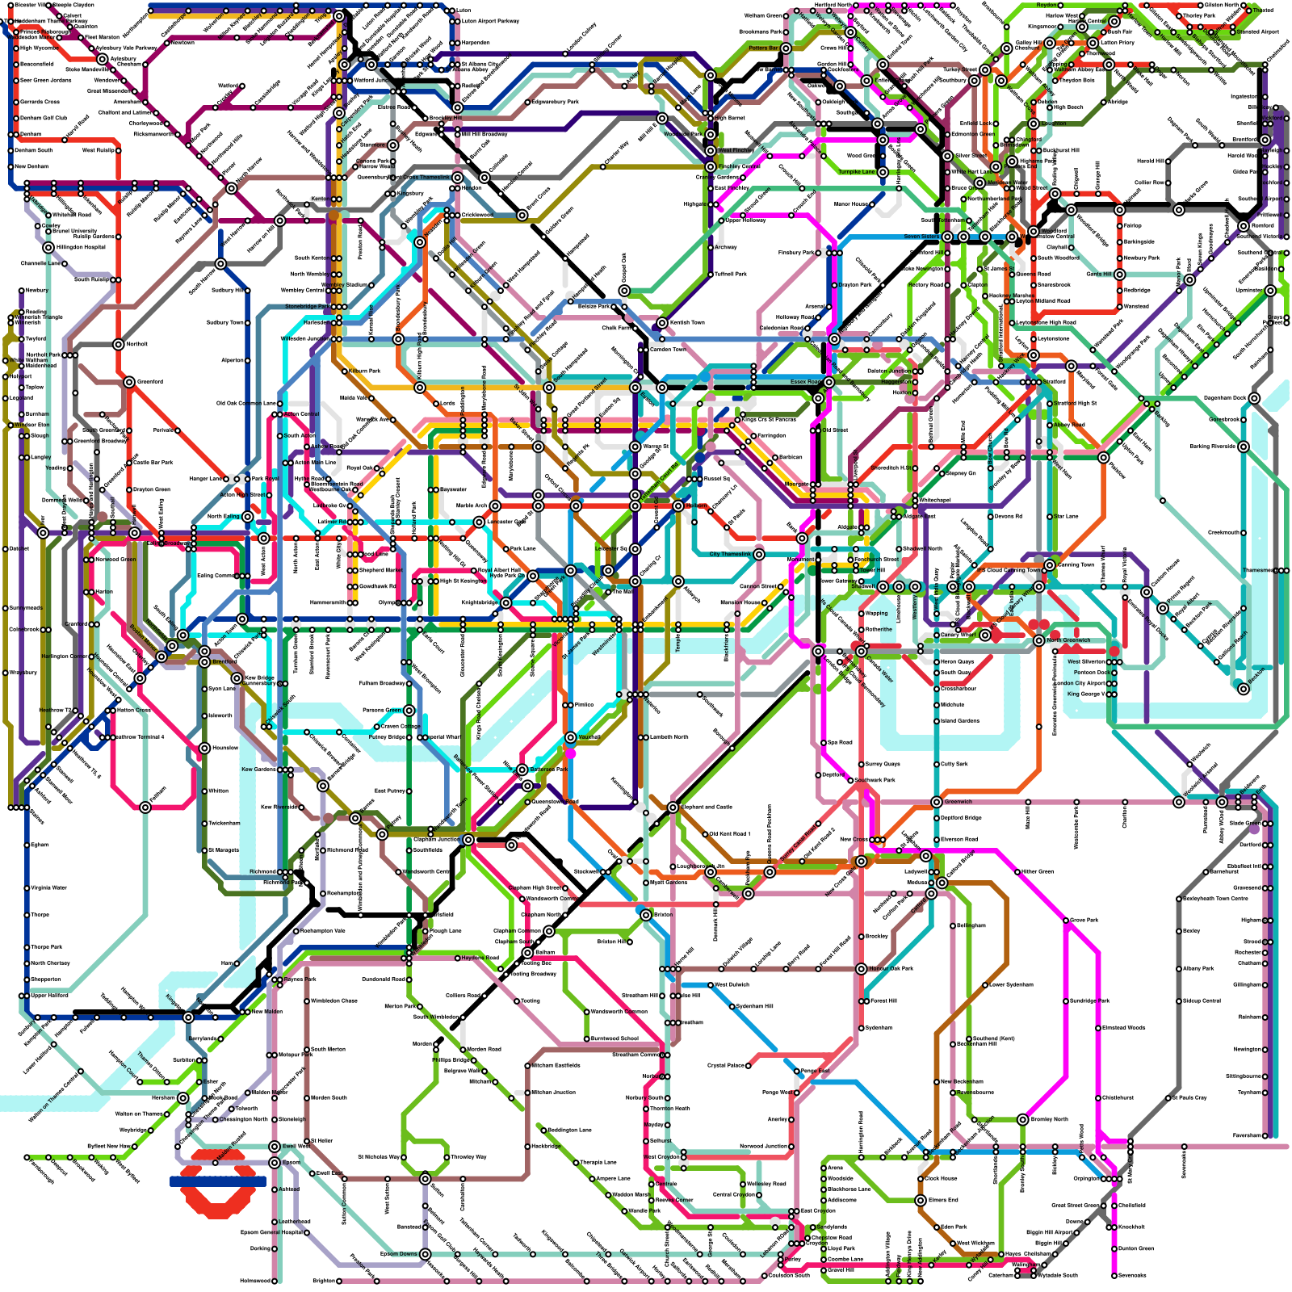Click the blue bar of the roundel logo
(x=217, y=1181)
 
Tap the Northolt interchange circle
(x=119, y=345)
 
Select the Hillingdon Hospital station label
(x=81, y=247)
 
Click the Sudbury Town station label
(x=225, y=323)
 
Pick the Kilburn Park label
(x=364, y=371)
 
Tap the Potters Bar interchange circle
(x=786, y=48)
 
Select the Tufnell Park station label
(x=731, y=274)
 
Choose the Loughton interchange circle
(x=1034, y=124)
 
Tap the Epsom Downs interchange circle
(x=426, y=1254)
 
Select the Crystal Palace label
(x=726, y=1066)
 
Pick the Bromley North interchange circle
(x=1023, y=1119)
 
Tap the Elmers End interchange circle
(x=921, y=1200)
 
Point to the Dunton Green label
(x=1135, y=1248)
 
